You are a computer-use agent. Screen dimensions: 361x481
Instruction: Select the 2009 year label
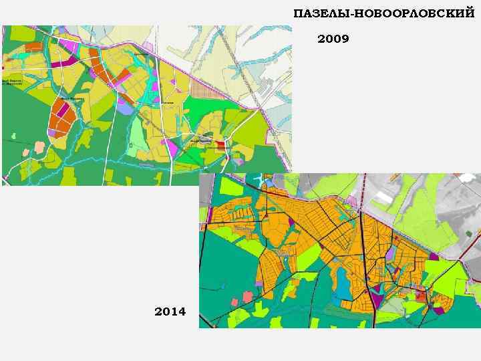pyautogui.click(x=333, y=39)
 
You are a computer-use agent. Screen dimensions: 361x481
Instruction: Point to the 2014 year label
pyautogui.click(x=170, y=312)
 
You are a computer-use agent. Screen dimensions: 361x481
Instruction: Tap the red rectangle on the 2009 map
pyautogui.click(x=220, y=142)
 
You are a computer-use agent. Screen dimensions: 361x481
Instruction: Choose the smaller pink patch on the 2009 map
pyautogui.click(x=26, y=152)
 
